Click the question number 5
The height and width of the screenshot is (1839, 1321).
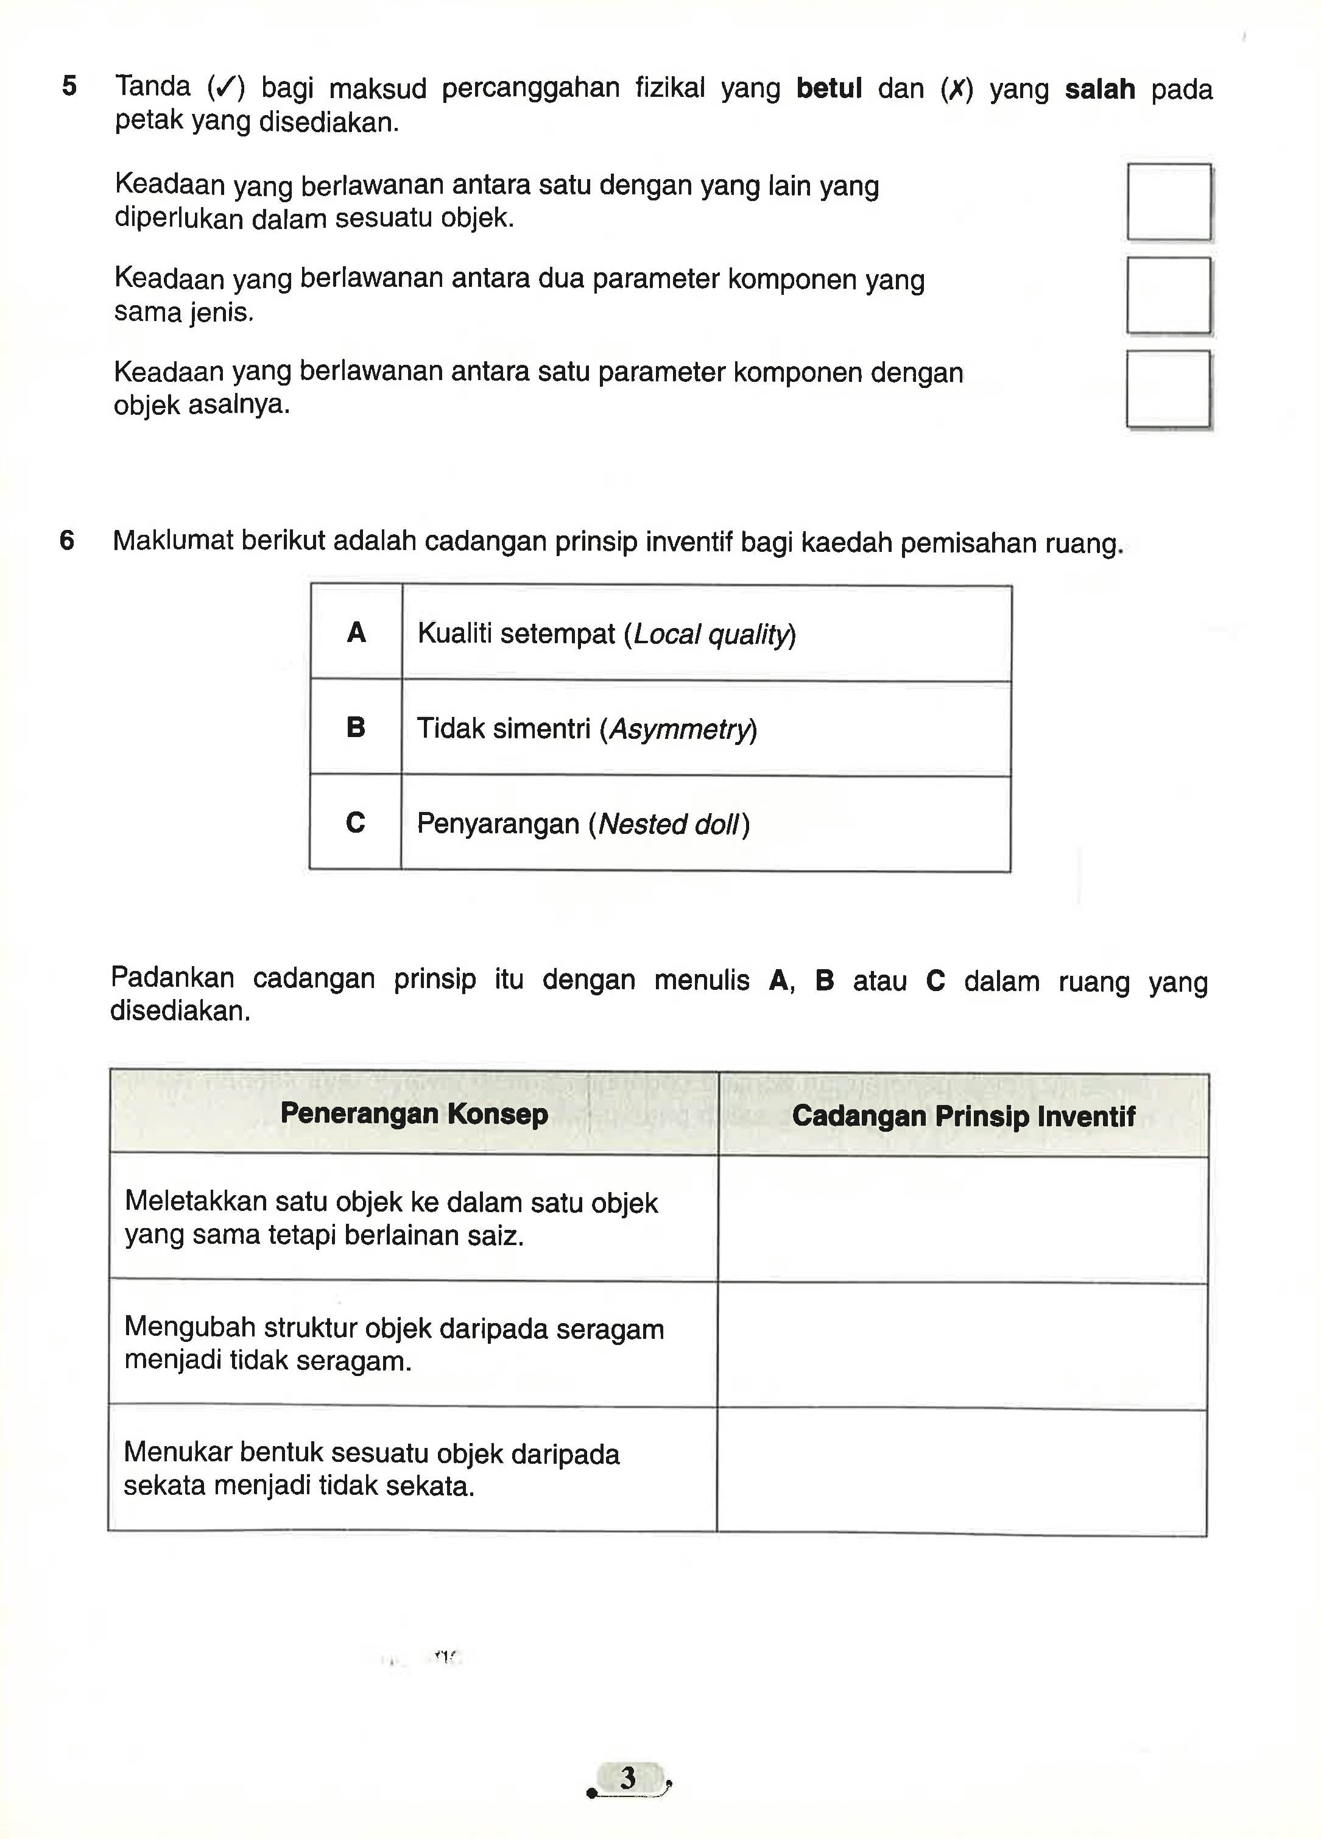pyautogui.click(x=70, y=86)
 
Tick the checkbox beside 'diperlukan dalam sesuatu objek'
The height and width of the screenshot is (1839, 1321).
pyautogui.click(x=1169, y=202)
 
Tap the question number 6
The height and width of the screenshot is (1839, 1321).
pyautogui.click(x=68, y=540)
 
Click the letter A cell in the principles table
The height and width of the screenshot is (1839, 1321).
pyautogui.click(x=356, y=632)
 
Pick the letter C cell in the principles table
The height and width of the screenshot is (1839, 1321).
pyautogui.click(x=355, y=823)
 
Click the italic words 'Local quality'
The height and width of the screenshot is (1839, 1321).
pyautogui.click(x=710, y=634)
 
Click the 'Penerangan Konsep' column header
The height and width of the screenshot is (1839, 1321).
pyautogui.click(x=414, y=1114)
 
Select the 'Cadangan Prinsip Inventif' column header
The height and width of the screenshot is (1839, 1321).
pyautogui.click(x=963, y=1116)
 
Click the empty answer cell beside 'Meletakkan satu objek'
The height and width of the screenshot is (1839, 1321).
pyautogui.click(x=962, y=1219)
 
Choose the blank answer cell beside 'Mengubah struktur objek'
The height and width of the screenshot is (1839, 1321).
pyautogui.click(x=962, y=1345)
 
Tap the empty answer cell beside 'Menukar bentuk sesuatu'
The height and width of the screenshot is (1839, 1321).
pyautogui.click(x=962, y=1471)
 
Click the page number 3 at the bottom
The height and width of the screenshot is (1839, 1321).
pyautogui.click(x=628, y=1777)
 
